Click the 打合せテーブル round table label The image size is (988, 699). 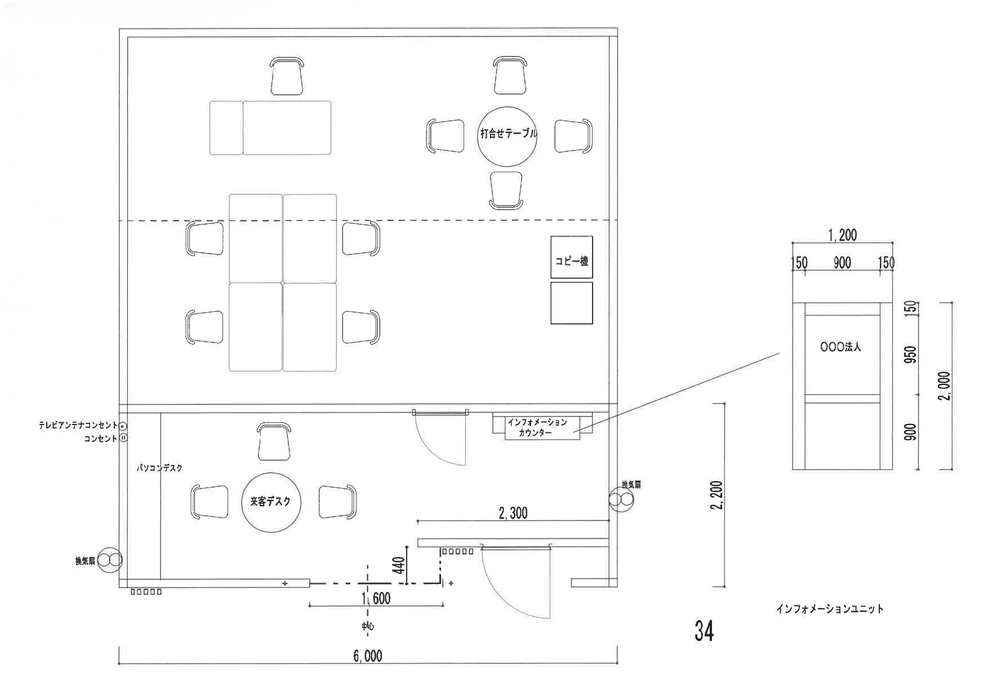[508, 134]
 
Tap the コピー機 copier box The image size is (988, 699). [572, 257]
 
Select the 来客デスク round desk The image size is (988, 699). [271, 502]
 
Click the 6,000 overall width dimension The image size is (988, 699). [368, 656]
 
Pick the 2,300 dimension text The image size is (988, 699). [513, 513]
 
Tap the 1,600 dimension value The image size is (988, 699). [376, 598]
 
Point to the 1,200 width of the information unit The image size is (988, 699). [843, 236]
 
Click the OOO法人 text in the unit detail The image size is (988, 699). [841, 347]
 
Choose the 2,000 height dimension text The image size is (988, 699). [945, 386]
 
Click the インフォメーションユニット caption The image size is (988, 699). [830, 609]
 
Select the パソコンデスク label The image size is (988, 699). [160, 468]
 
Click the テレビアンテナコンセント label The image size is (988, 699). [78, 426]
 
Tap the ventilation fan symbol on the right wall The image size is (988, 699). [621, 499]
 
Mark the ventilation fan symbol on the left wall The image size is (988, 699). [109, 560]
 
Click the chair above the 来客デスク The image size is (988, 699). [274, 442]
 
